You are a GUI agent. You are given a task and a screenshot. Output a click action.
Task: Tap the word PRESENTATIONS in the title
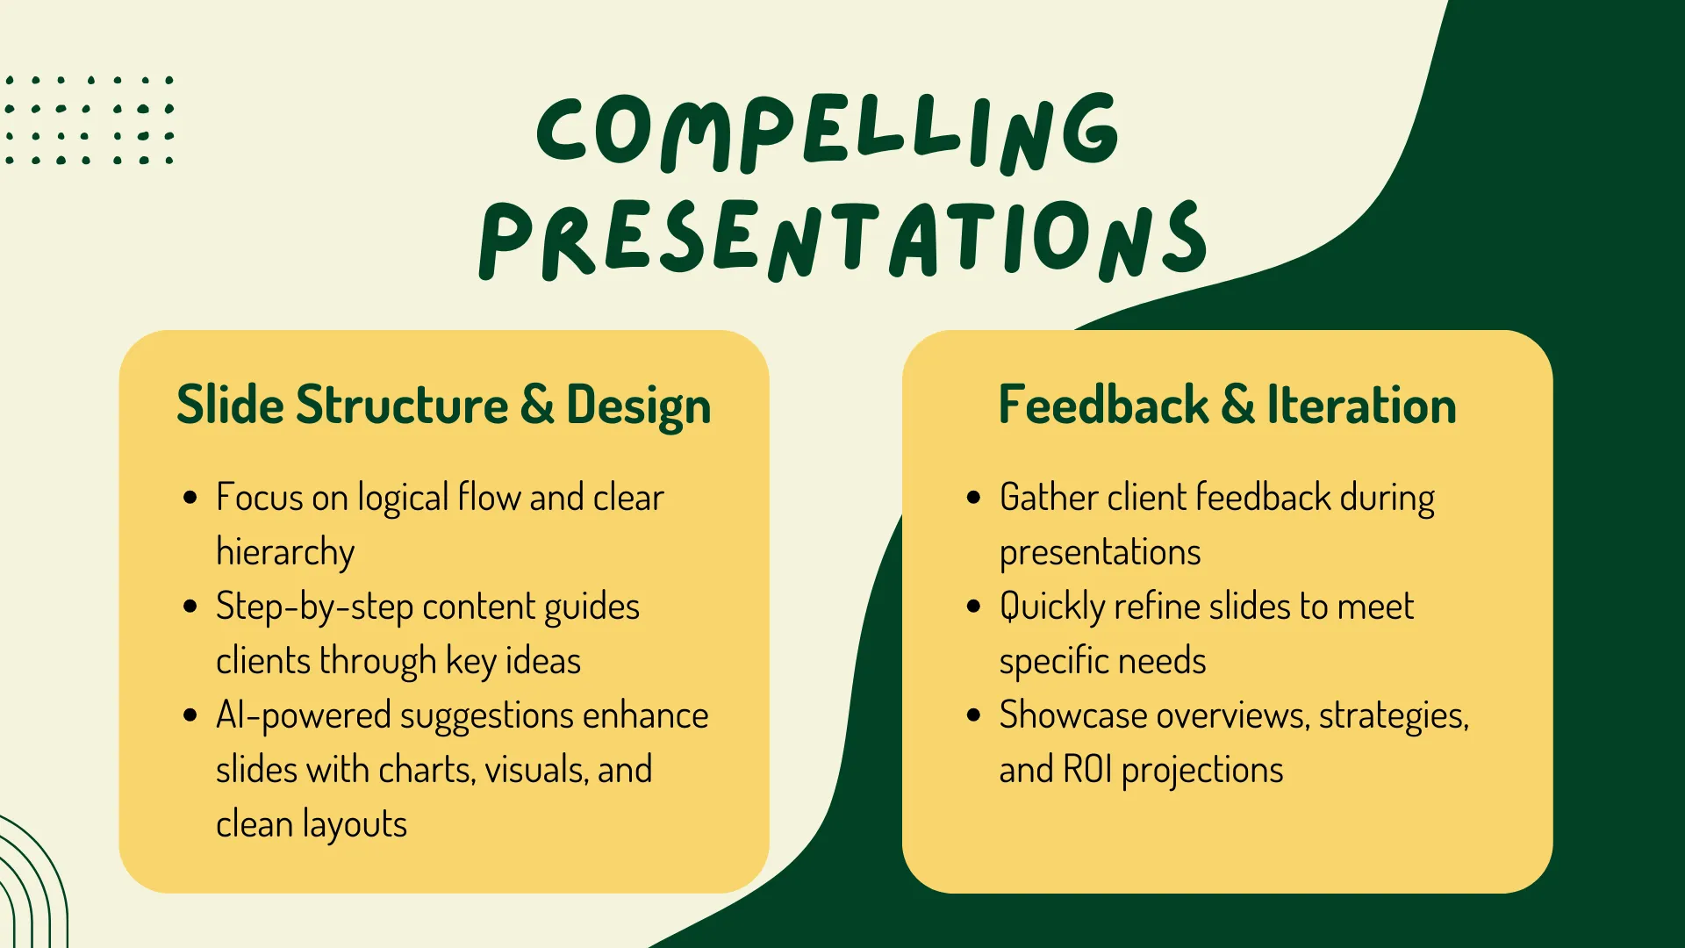tap(842, 240)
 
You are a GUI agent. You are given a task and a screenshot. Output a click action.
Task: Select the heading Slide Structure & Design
tap(443, 406)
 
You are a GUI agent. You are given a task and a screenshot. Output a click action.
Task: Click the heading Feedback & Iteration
tap(1227, 405)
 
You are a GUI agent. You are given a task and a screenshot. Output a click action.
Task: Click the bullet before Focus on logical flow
tap(190, 498)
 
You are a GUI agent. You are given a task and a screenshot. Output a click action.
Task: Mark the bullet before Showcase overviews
tap(973, 715)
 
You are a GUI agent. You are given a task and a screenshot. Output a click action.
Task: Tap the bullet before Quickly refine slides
tap(973, 607)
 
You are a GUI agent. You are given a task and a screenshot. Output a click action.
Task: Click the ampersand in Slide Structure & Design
tap(537, 405)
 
